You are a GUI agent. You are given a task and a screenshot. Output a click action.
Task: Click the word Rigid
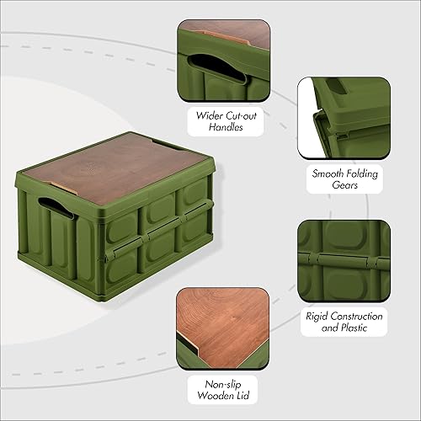pyautogui.click(x=317, y=317)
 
